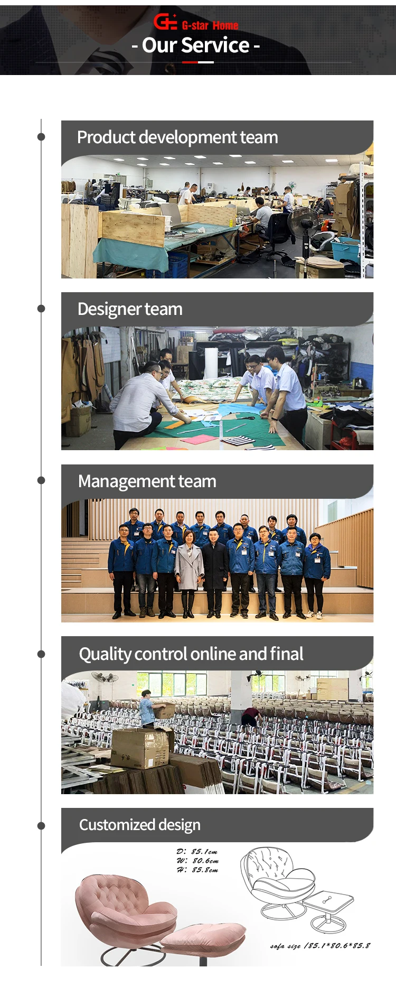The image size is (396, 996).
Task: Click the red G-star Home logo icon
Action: pos(165,22)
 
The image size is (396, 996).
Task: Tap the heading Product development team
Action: pos(177,137)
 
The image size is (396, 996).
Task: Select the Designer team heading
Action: pos(130,309)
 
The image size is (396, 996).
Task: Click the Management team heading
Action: pos(147,481)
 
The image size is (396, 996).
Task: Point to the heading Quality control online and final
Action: pos(191,654)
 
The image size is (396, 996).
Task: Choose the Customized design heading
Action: pos(140,825)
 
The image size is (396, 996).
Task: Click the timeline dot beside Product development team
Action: pos(41,137)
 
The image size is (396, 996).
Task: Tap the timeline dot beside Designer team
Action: pos(41,309)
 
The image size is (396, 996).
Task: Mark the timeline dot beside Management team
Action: pos(41,480)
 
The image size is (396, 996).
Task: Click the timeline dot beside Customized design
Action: pos(41,826)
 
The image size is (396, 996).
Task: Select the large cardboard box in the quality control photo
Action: pos(140,748)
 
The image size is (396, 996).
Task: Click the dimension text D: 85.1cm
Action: pos(197,852)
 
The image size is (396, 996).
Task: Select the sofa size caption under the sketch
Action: pos(320,945)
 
